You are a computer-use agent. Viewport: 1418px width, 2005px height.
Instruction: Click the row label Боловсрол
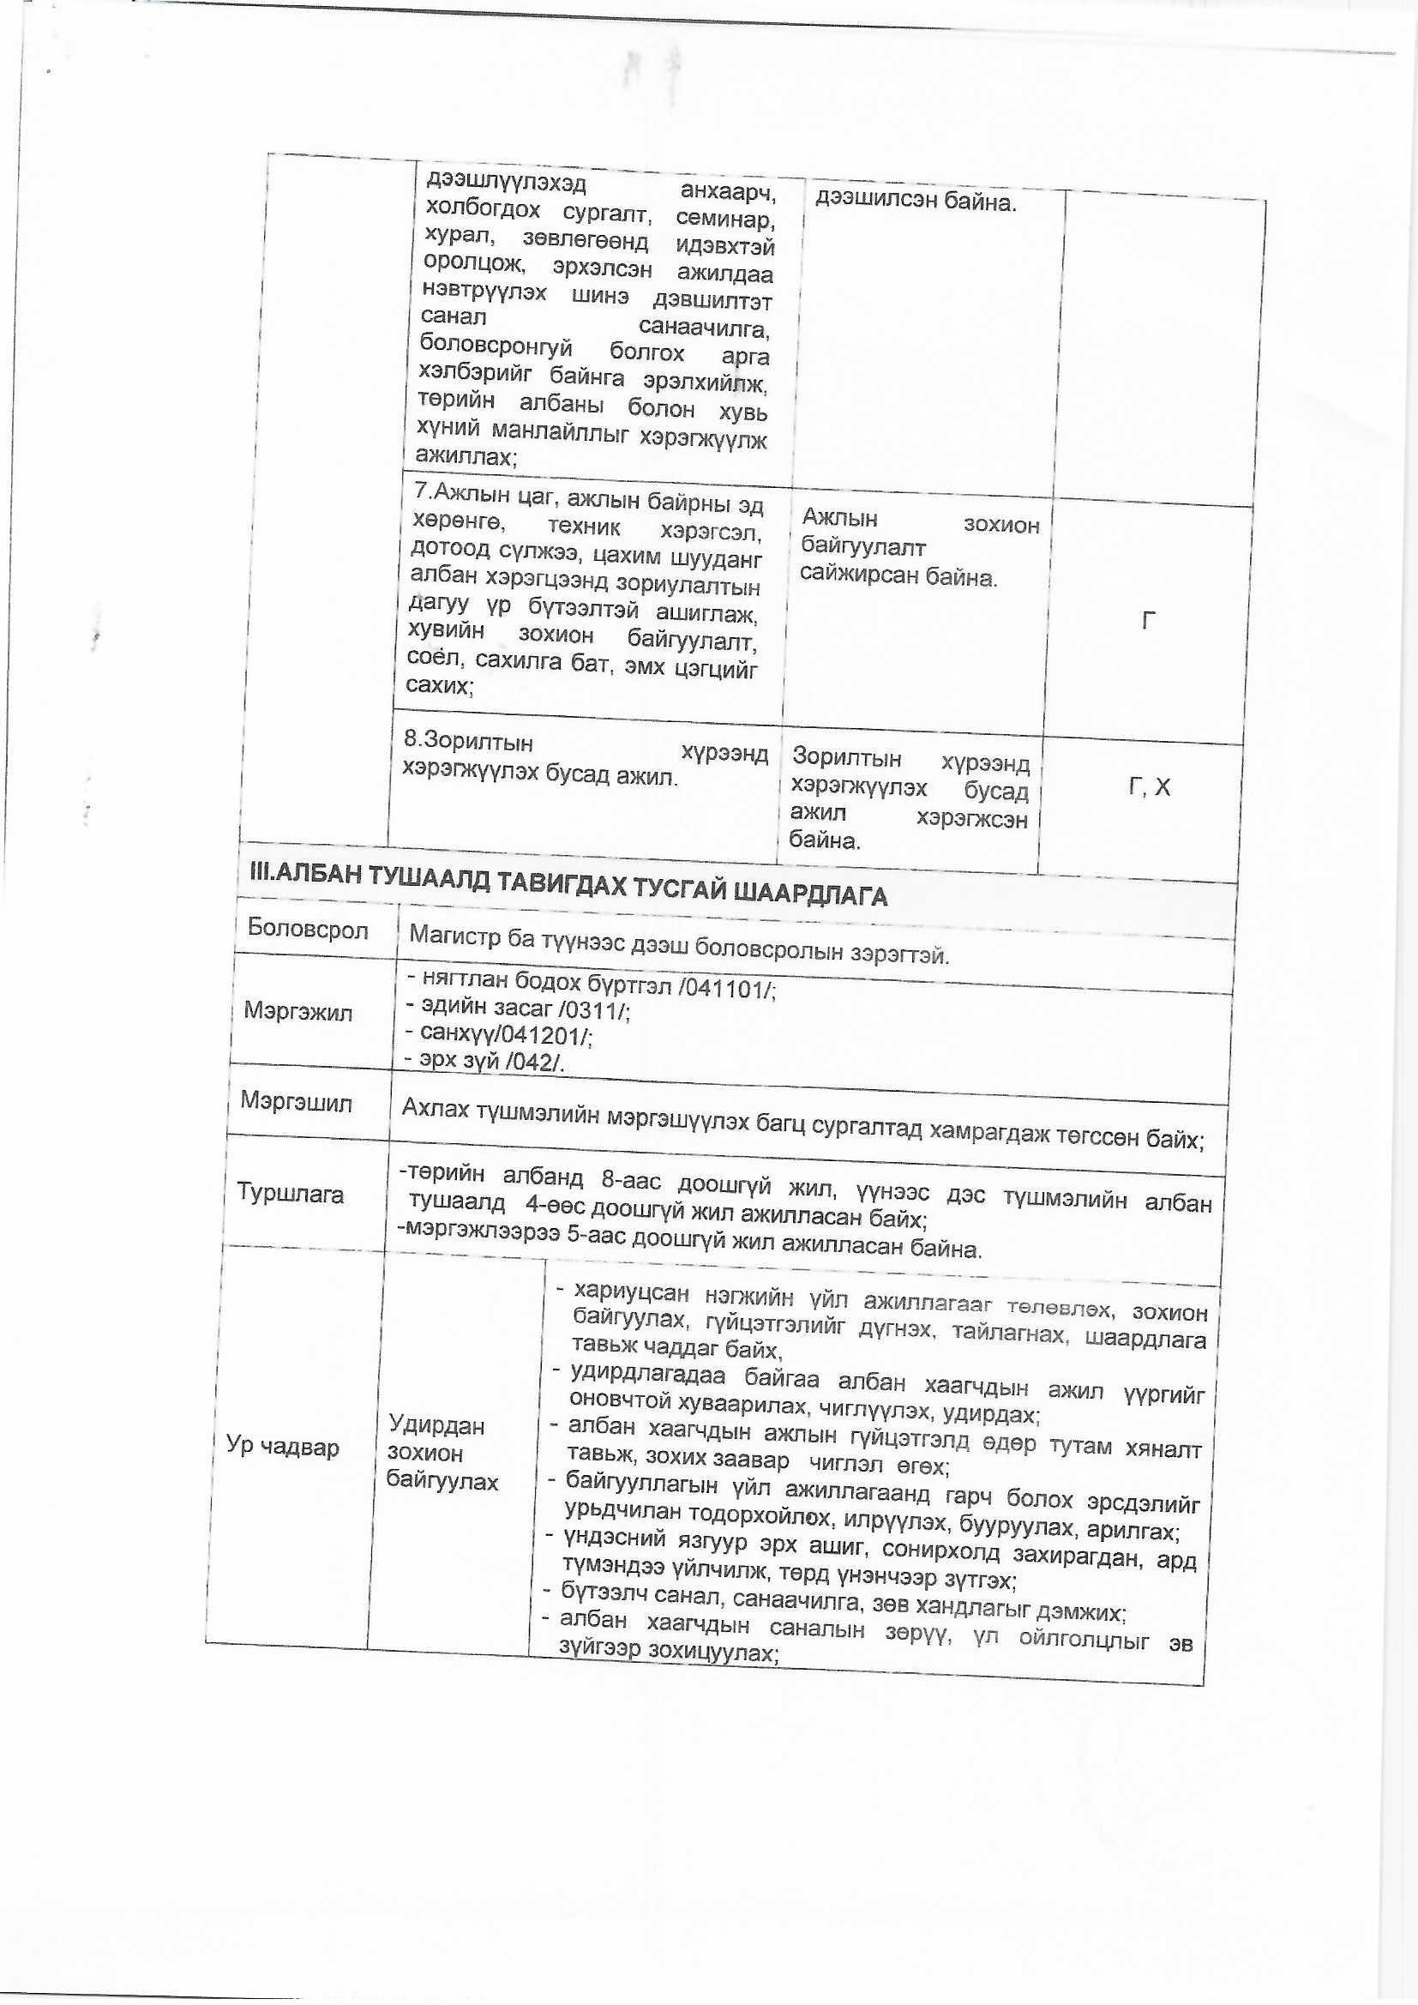308,929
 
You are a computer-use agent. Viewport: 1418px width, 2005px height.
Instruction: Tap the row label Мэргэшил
296,1103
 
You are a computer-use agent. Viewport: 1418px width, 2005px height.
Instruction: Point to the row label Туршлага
290,1194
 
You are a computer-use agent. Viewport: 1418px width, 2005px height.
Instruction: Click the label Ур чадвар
282,1446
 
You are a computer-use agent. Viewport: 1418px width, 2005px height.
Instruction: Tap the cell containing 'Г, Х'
1149,787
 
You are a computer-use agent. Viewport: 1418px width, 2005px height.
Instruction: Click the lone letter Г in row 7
1149,621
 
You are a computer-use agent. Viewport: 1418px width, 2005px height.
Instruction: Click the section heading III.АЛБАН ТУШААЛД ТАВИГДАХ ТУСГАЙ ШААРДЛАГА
568,888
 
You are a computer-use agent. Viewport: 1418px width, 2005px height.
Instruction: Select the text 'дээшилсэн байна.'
916,202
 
